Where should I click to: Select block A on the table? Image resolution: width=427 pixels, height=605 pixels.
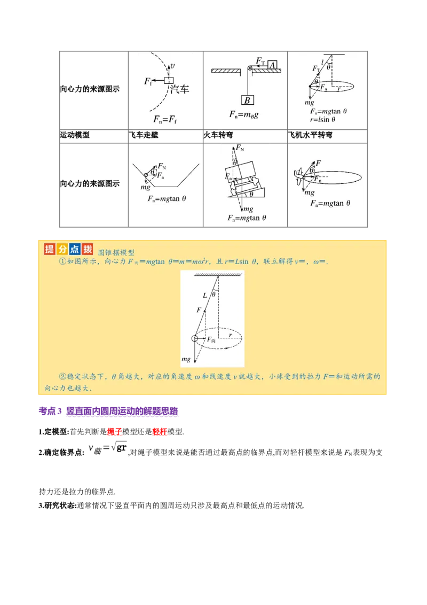coord(272,65)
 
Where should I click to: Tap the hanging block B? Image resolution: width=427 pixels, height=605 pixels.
coord(247,100)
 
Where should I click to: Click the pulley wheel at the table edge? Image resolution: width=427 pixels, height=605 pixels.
coord(249,68)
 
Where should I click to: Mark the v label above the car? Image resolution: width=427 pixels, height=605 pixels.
coord(172,67)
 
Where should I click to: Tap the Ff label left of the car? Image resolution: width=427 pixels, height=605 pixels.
coord(149,81)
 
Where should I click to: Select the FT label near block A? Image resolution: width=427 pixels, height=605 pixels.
coord(260,61)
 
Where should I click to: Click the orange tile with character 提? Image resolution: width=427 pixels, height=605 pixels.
coord(50,249)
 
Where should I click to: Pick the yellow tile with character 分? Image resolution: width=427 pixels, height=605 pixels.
coord(62,249)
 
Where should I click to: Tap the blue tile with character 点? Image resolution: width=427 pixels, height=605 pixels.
coord(75,249)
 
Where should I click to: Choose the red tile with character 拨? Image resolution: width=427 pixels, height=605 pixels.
coord(88,249)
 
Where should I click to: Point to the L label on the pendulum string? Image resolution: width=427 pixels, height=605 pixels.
coord(204,294)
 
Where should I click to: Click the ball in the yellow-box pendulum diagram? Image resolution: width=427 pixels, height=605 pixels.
coord(195,338)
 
